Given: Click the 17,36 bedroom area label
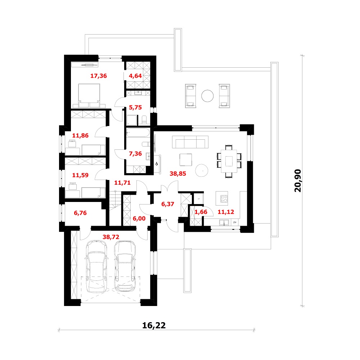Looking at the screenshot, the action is tap(99, 76).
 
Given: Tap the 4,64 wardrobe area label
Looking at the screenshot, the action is tap(135, 76).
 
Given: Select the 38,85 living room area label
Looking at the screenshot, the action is tap(178, 174).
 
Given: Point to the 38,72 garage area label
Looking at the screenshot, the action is tap(111, 237).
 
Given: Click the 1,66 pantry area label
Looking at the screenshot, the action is tap(201, 212).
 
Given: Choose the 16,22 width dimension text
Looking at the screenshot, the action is tap(154, 325).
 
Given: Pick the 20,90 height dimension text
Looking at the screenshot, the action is tap(298, 180).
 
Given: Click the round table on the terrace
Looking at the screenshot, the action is tap(207, 96).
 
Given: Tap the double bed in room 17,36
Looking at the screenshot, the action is tap(89, 95).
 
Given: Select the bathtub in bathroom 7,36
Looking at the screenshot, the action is tap(138, 133).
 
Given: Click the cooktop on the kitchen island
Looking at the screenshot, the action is tap(224, 199).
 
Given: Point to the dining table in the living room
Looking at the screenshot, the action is tap(229, 161).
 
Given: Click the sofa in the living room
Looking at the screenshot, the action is tap(190, 142).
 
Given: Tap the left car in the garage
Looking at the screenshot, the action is tap(96, 266).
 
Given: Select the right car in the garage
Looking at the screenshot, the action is tap(125, 266).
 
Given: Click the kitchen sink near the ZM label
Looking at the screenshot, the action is tap(224, 222).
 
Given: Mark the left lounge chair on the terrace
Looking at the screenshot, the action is tap(190, 96).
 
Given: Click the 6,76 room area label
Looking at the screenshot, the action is tap(80, 213).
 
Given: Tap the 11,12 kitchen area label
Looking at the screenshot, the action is tap(226, 212).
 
